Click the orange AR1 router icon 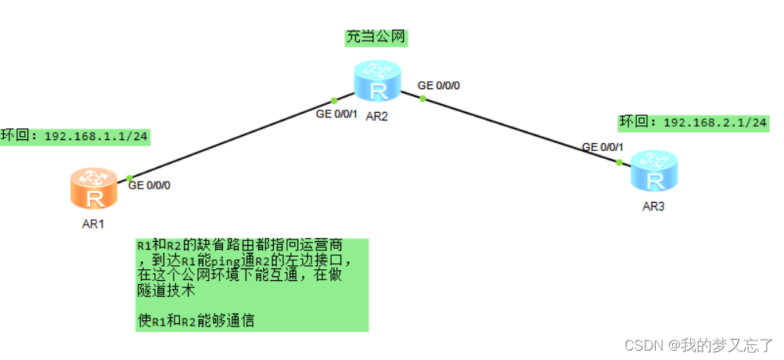click(x=95, y=190)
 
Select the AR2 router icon click(x=378, y=82)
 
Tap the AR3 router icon click(x=654, y=173)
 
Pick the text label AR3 click(x=654, y=207)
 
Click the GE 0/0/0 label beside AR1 click(x=149, y=185)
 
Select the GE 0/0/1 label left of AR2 click(x=336, y=114)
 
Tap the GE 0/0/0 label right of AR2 click(x=439, y=85)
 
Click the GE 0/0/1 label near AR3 click(x=602, y=146)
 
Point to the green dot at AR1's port click(x=129, y=178)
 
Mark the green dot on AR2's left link click(x=334, y=100)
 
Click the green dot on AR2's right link click(x=423, y=99)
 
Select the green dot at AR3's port click(x=619, y=162)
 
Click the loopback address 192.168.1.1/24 click(x=96, y=136)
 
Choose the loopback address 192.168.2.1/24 click(x=715, y=122)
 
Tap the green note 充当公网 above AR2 click(x=377, y=37)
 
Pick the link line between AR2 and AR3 click(x=520, y=130)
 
